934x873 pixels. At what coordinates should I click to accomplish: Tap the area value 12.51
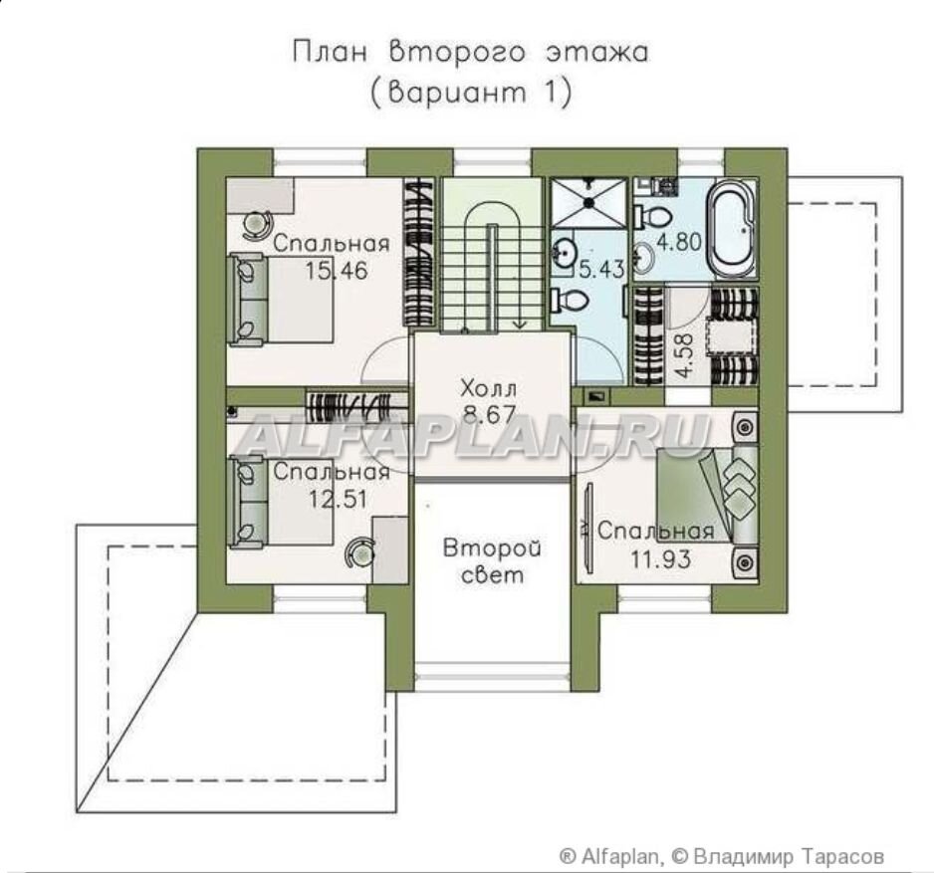[338, 499]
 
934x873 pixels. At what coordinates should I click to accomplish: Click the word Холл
[489, 389]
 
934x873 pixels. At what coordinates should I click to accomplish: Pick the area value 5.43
[601, 270]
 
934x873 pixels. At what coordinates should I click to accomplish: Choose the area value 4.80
[679, 242]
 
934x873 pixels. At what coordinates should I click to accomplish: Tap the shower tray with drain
[589, 202]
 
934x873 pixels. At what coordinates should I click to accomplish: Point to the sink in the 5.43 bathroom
[563, 253]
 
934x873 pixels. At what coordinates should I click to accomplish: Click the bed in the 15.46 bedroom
[280, 299]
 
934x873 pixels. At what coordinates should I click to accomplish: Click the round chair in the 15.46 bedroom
[257, 226]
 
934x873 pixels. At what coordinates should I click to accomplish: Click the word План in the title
[330, 53]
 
